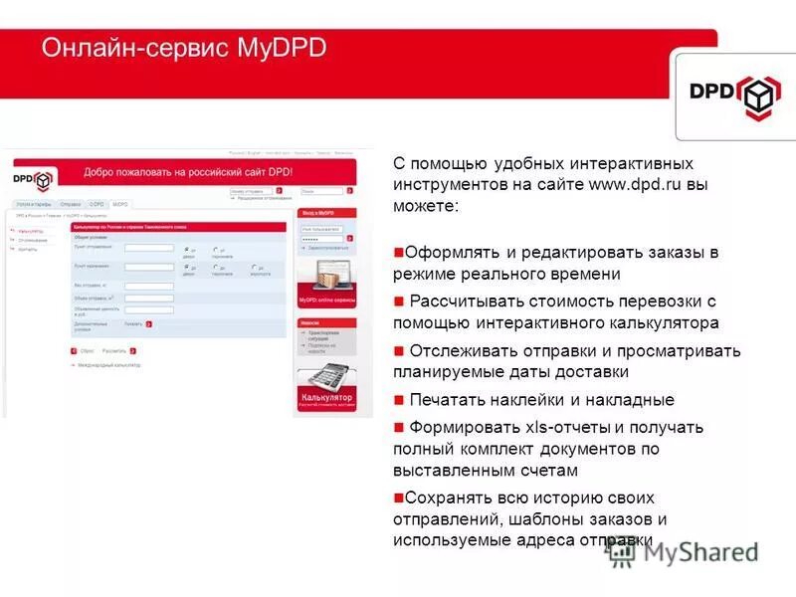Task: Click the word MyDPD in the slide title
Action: click(x=283, y=48)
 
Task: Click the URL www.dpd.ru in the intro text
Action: click(x=634, y=184)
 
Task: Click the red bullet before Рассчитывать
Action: click(x=398, y=300)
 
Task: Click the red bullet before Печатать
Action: click(x=398, y=400)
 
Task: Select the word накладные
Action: click(x=628, y=400)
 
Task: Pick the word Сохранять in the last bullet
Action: click(x=447, y=497)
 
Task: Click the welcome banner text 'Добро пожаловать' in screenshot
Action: click(x=129, y=172)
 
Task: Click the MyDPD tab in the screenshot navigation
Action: click(x=120, y=204)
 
